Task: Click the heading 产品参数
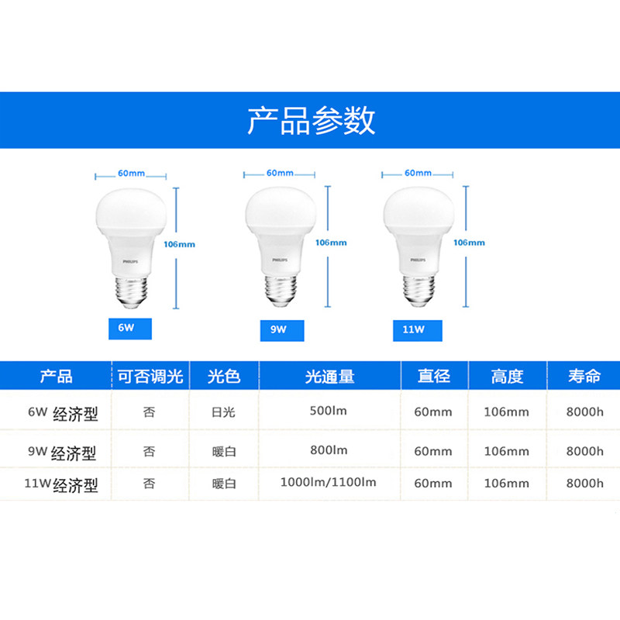tap(311, 121)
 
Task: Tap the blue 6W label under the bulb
tap(128, 328)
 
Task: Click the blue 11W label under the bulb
tap(415, 329)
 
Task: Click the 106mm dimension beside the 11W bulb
tap(469, 243)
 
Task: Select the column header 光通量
tap(329, 377)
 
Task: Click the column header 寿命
tap(584, 377)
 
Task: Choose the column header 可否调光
tap(150, 377)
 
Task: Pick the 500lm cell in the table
tap(329, 411)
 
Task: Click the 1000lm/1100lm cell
tap(329, 482)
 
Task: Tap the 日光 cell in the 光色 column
tap(223, 412)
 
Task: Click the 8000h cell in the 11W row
tap(584, 484)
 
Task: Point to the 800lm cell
tap(329, 449)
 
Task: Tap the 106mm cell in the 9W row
tap(507, 451)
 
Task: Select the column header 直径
tap(434, 377)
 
